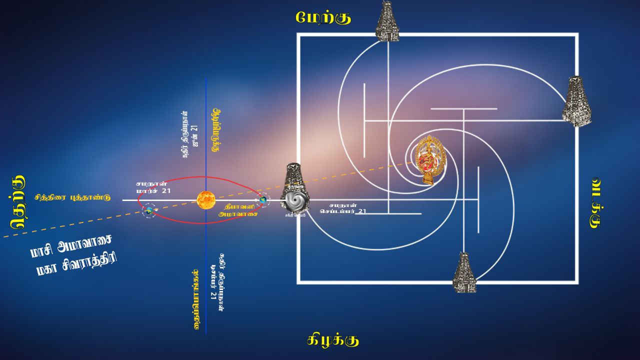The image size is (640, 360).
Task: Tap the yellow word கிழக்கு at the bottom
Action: tap(333, 340)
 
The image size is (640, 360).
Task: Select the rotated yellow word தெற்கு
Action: tap(18, 202)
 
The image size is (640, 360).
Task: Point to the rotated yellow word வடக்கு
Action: tap(595, 202)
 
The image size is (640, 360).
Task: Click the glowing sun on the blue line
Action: tap(205, 200)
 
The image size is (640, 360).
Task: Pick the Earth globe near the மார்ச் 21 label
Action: tap(149, 210)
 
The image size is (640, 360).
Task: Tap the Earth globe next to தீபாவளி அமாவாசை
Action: tap(262, 200)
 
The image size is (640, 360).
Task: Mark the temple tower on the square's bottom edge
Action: tap(464, 272)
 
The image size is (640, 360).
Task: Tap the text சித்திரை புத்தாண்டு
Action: tap(72, 197)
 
